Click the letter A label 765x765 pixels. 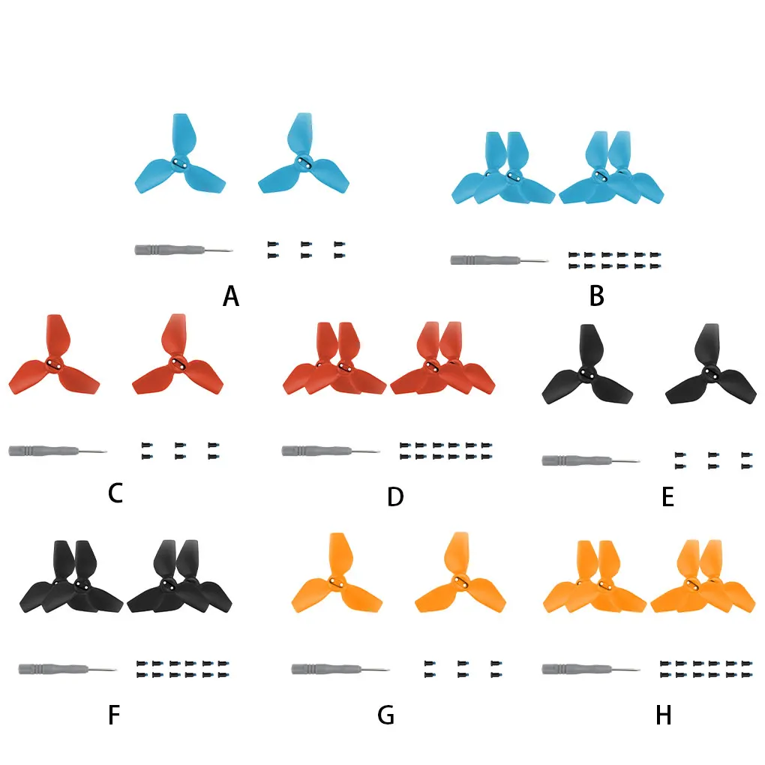click(x=231, y=297)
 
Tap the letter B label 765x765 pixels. click(x=597, y=297)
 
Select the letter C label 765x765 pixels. click(x=115, y=493)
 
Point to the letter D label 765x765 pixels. click(x=396, y=496)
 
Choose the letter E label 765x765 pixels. click(x=667, y=496)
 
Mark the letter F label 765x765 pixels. click(x=114, y=715)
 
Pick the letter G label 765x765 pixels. click(x=385, y=715)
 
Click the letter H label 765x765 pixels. click(x=664, y=715)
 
